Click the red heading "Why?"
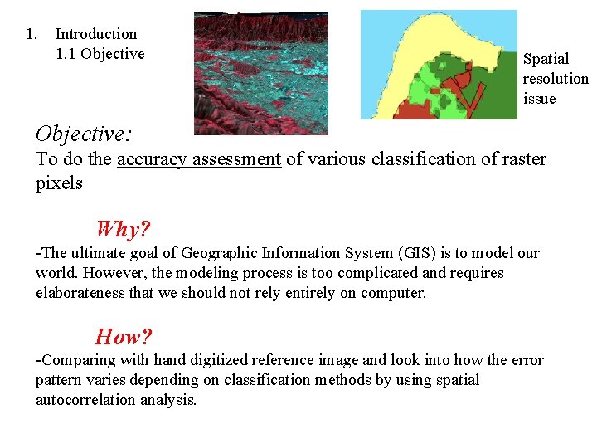[x=123, y=228]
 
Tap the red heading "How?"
[x=124, y=336]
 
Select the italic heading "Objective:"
[x=85, y=133]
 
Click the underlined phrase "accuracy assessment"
[x=199, y=158]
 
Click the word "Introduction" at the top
[x=96, y=34]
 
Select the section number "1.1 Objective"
[x=99, y=54]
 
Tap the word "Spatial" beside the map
[x=546, y=59]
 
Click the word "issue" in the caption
[x=539, y=99]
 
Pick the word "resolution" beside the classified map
[x=555, y=79]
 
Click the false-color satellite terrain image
[x=260, y=73]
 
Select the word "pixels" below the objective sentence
[x=59, y=183]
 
